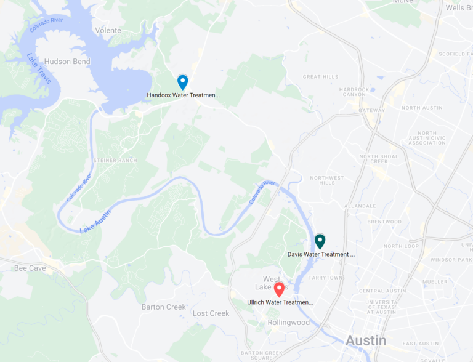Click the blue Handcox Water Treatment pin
[x=182, y=82]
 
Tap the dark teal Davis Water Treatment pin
[x=320, y=241]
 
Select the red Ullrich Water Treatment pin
[x=279, y=289]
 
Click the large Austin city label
[x=366, y=340]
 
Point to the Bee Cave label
[x=30, y=268]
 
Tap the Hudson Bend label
[x=67, y=62]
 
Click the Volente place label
[x=108, y=30]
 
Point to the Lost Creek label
[x=211, y=313]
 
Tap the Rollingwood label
[x=289, y=323]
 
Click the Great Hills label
[x=320, y=77]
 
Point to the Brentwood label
[x=384, y=222]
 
